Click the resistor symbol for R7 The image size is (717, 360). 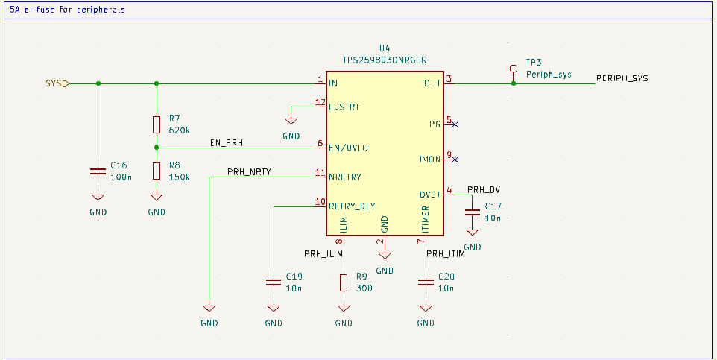tap(157, 124)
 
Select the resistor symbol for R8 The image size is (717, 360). tap(157, 171)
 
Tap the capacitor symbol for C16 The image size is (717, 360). tap(98, 171)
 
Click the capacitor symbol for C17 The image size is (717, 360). tap(472, 212)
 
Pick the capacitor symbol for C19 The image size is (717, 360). tap(274, 282)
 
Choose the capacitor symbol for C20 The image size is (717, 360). tap(426, 282)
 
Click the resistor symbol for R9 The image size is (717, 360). tap(344, 282)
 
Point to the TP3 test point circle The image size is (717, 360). tap(513, 69)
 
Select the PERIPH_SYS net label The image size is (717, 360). tap(622, 78)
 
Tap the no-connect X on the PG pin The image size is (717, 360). tap(454, 124)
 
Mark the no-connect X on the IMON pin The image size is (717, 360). tap(454, 159)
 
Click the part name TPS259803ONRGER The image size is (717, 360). tap(384, 60)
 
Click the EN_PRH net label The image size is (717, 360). tap(226, 142)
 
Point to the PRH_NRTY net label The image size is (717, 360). tap(248, 171)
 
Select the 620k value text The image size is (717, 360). tap(180, 130)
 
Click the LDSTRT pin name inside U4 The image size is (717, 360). tap(344, 107)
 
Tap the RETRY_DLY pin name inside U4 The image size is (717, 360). tap(352, 206)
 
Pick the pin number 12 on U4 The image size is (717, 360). tap(320, 102)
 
